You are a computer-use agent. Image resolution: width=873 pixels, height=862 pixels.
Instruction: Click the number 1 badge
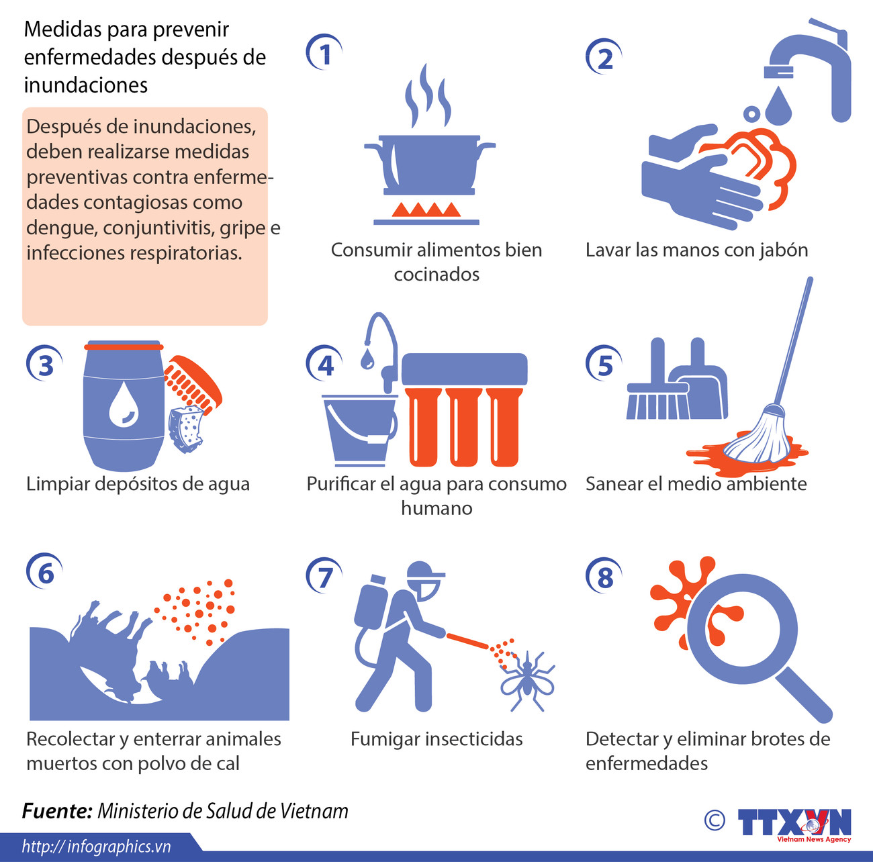point(325,54)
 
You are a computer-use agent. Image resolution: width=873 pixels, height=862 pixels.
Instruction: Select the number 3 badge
point(45,365)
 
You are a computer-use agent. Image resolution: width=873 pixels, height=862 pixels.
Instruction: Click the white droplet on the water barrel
point(123,405)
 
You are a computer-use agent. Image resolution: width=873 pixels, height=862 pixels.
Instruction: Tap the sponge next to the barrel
point(187,427)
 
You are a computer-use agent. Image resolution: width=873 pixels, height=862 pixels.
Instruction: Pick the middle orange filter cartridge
point(464,426)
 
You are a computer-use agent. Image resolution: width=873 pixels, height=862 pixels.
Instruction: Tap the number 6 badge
point(45,573)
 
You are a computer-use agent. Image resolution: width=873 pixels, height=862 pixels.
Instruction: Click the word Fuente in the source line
point(57,811)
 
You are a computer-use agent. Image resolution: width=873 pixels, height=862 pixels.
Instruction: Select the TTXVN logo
point(794,824)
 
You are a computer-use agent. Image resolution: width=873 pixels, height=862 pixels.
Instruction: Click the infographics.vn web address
point(97,847)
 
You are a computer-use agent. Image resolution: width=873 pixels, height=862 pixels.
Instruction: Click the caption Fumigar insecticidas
point(436,739)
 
